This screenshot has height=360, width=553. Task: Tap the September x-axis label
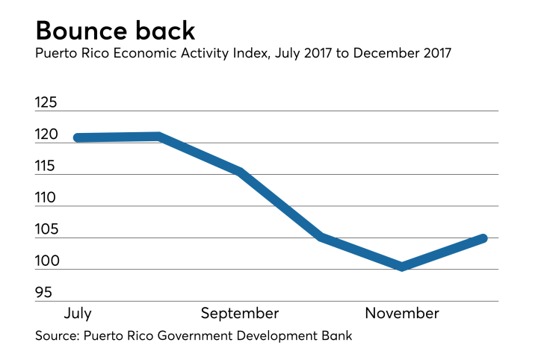pyautogui.click(x=239, y=313)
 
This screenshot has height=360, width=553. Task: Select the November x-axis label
pyautogui.click(x=402, y=313)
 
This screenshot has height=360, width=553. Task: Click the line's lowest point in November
pyautogui.click(x=402, y=266)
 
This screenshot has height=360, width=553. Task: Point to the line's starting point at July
pyautogui.click(x=78, y=137)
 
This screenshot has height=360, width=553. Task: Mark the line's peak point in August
pyautogui.click(x=158, y=137)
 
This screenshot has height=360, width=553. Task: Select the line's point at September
pyautogui.click(x=239, y=171)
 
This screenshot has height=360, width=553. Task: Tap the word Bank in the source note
pyautogui.click(x=336, y=336)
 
